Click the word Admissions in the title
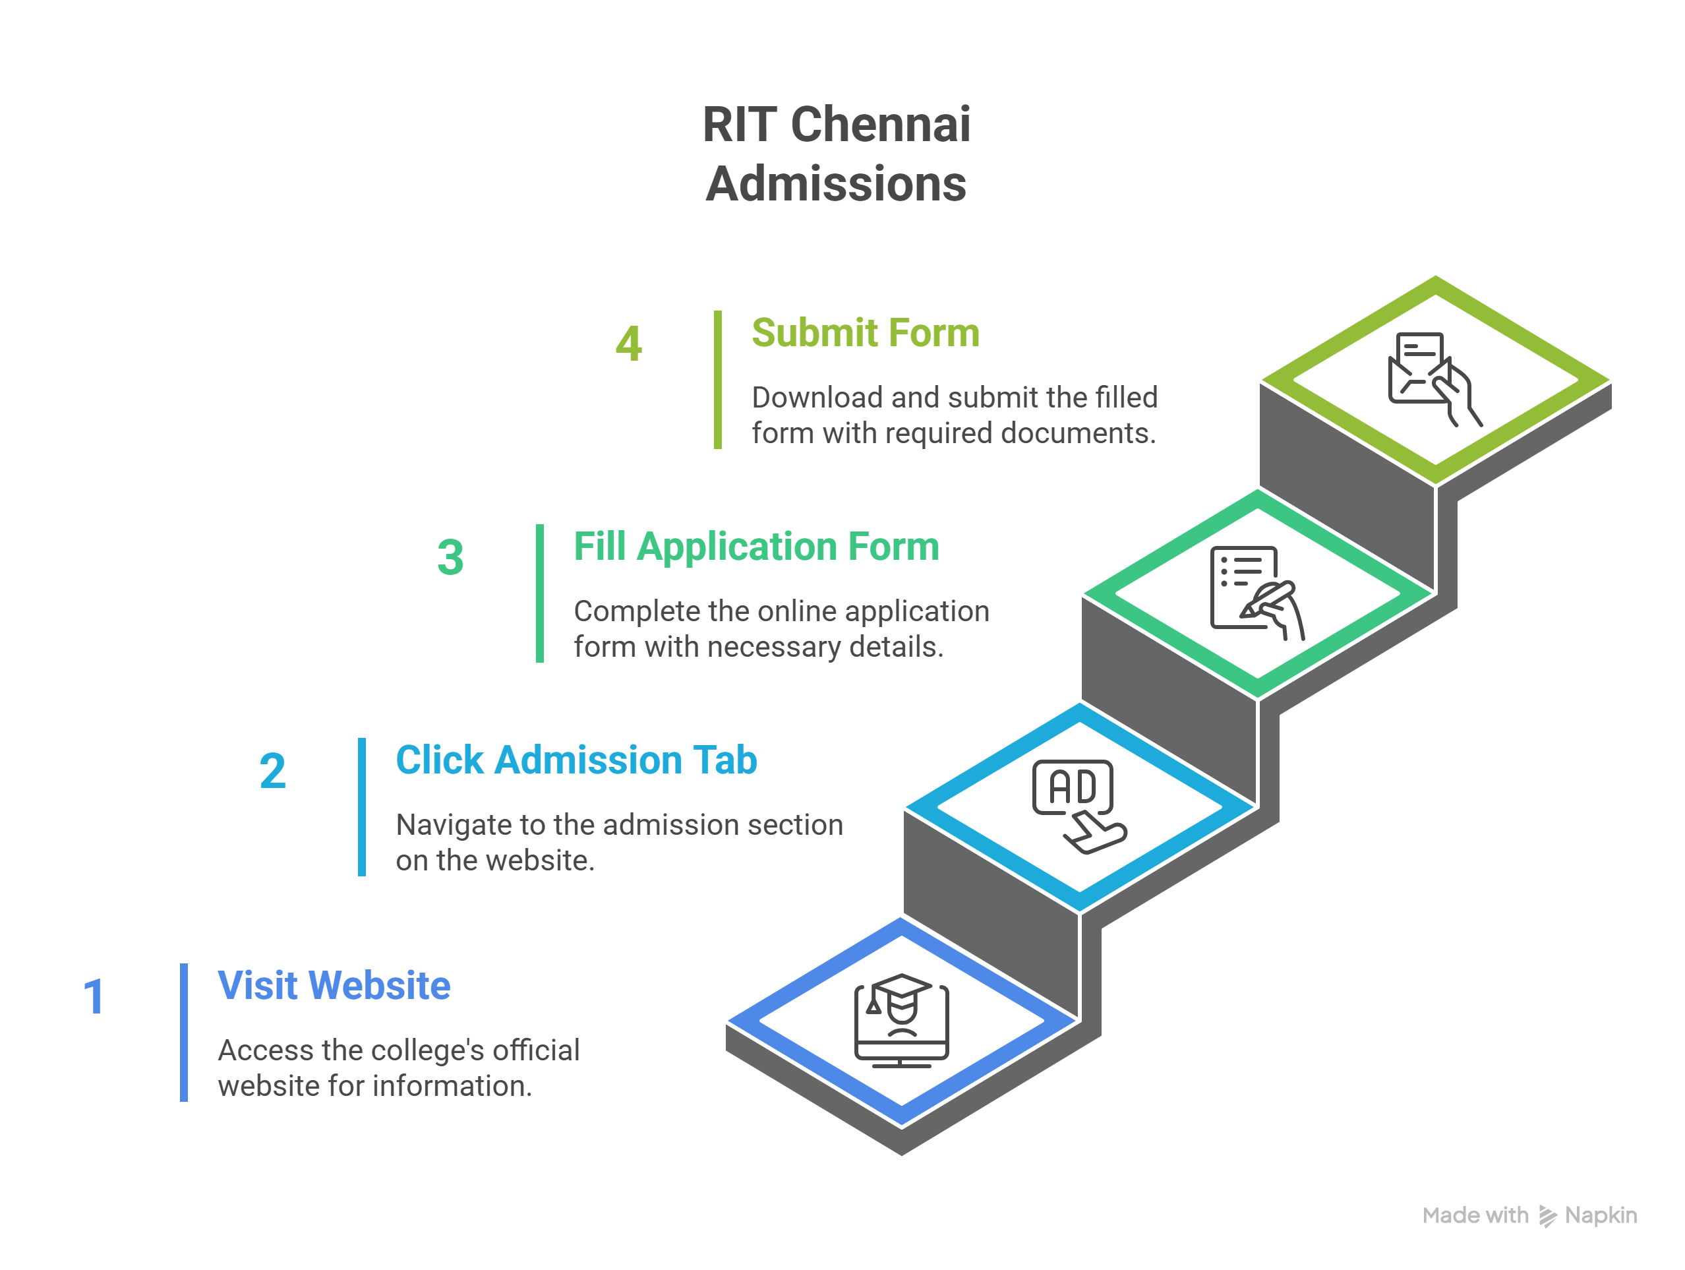(x=836, y=185)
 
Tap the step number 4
(x=628, y=344)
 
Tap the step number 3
(x=450, y=557)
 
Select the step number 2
(x=273, y=771)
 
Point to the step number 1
(x=94, y=996)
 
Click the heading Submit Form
(x=865, y=333)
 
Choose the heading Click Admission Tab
(x=576, y=760)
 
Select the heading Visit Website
(x=334, y=985)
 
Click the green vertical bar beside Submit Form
(x=717, y=379)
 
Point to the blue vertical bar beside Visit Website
(x=183, y=1033)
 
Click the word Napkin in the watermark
(x=1601, y=1215)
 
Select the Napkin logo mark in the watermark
(x=1547, y=1216)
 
